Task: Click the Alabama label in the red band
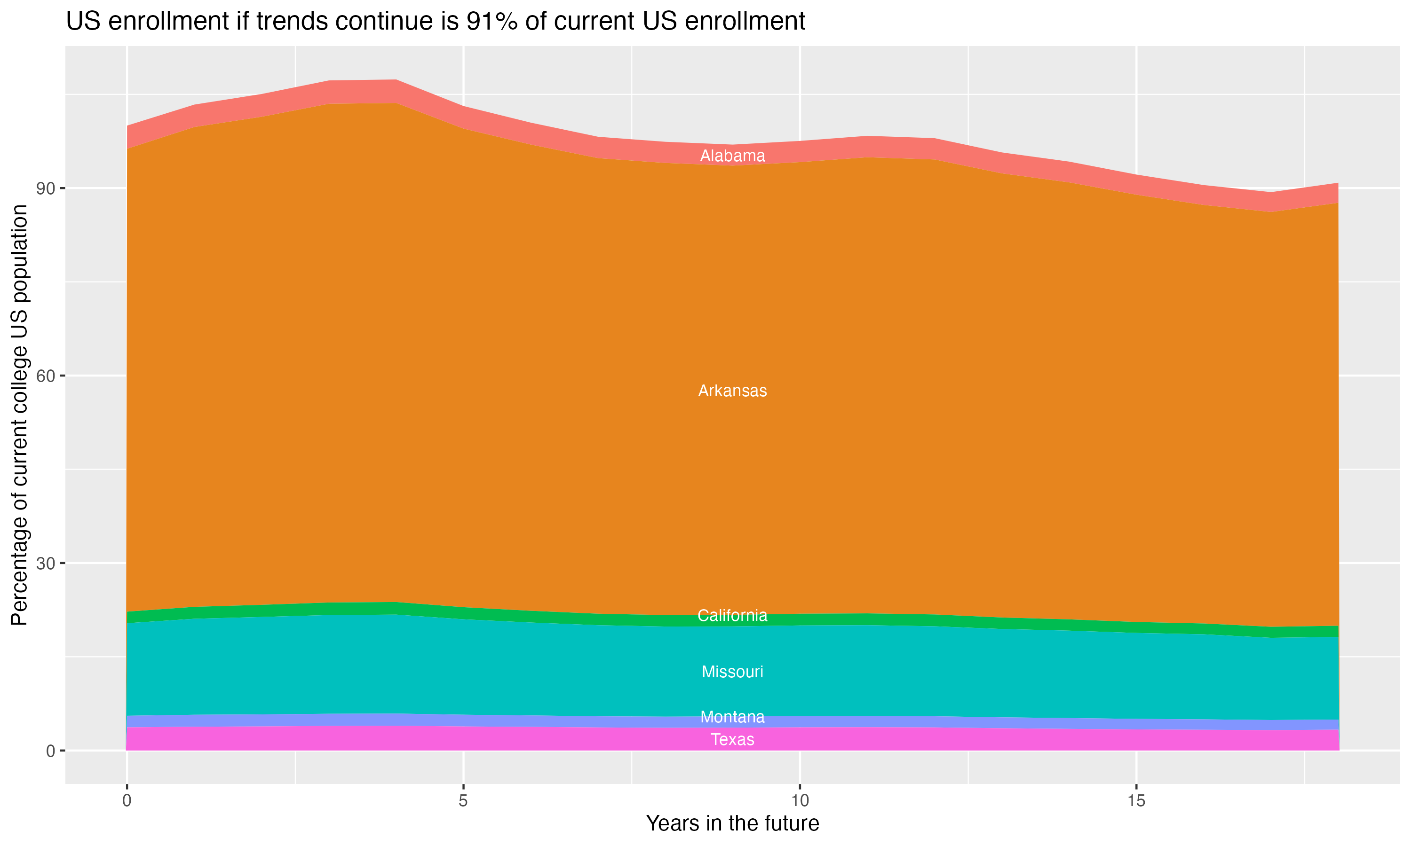pos(732,156)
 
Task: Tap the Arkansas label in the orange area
pos(732,391)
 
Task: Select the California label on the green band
pos(732,616)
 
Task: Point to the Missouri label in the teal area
pos(732,672)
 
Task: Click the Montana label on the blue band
pos(732,717)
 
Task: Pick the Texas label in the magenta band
pos(732,740)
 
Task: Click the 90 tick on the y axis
pos(46,188)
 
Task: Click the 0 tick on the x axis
pos(127,801)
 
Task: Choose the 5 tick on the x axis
pos(463,801)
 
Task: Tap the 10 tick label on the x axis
pos(800,801)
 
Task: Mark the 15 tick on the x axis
pos(1136,801)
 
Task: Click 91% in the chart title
pos(491,22)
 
